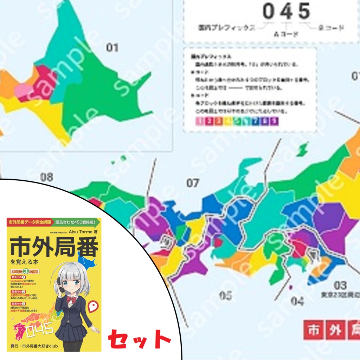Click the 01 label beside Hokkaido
112,47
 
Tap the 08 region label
46,177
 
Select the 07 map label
193,183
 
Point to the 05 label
226,295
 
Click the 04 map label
297,301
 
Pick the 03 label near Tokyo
340,285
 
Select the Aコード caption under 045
286,34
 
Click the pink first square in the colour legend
199,121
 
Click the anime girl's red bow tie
72,299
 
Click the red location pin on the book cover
93,307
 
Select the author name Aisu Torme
80,232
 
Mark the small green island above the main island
301,150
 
